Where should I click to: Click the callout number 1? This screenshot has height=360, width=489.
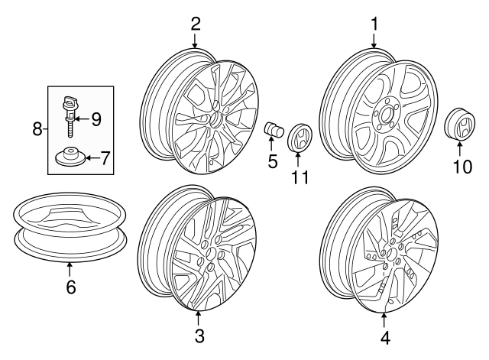374,24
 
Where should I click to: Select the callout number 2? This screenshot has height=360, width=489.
196,24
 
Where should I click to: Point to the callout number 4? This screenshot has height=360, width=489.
384,336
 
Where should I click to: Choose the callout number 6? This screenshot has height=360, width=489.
70,287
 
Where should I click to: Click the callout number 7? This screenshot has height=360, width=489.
105,158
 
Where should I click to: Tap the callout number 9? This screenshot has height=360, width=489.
96,118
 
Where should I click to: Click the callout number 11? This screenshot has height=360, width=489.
299,177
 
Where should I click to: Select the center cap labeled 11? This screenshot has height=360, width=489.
299,139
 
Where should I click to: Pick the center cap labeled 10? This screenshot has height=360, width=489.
459,128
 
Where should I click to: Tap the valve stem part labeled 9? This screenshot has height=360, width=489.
73,111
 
